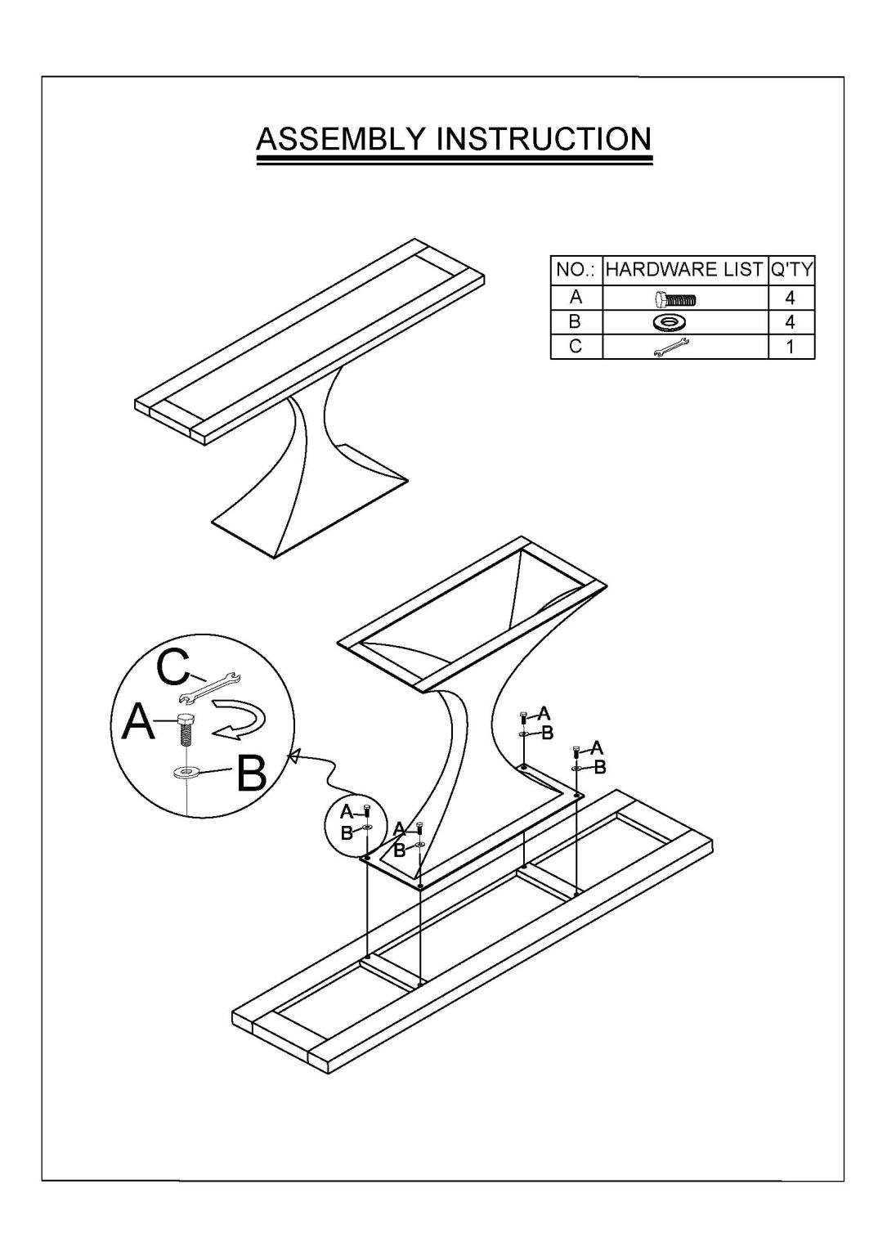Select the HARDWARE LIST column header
pyautogui.click(x=684, y=270)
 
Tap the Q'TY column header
pyautogui.click(x=791, y=270)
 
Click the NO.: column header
pyautogui.click(x=576, y=270)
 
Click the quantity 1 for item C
pyautogui.click(x=790, y=347)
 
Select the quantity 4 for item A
pyautogui.click(x=790, y=298)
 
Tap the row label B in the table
pyautogui.click(x=576, y=322)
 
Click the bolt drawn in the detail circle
pyautogui.click(x=185, y=729)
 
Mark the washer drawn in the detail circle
pyautogui.click(x=185, y=774)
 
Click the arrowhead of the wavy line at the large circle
pyautogui.click(x=292, y=756)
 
